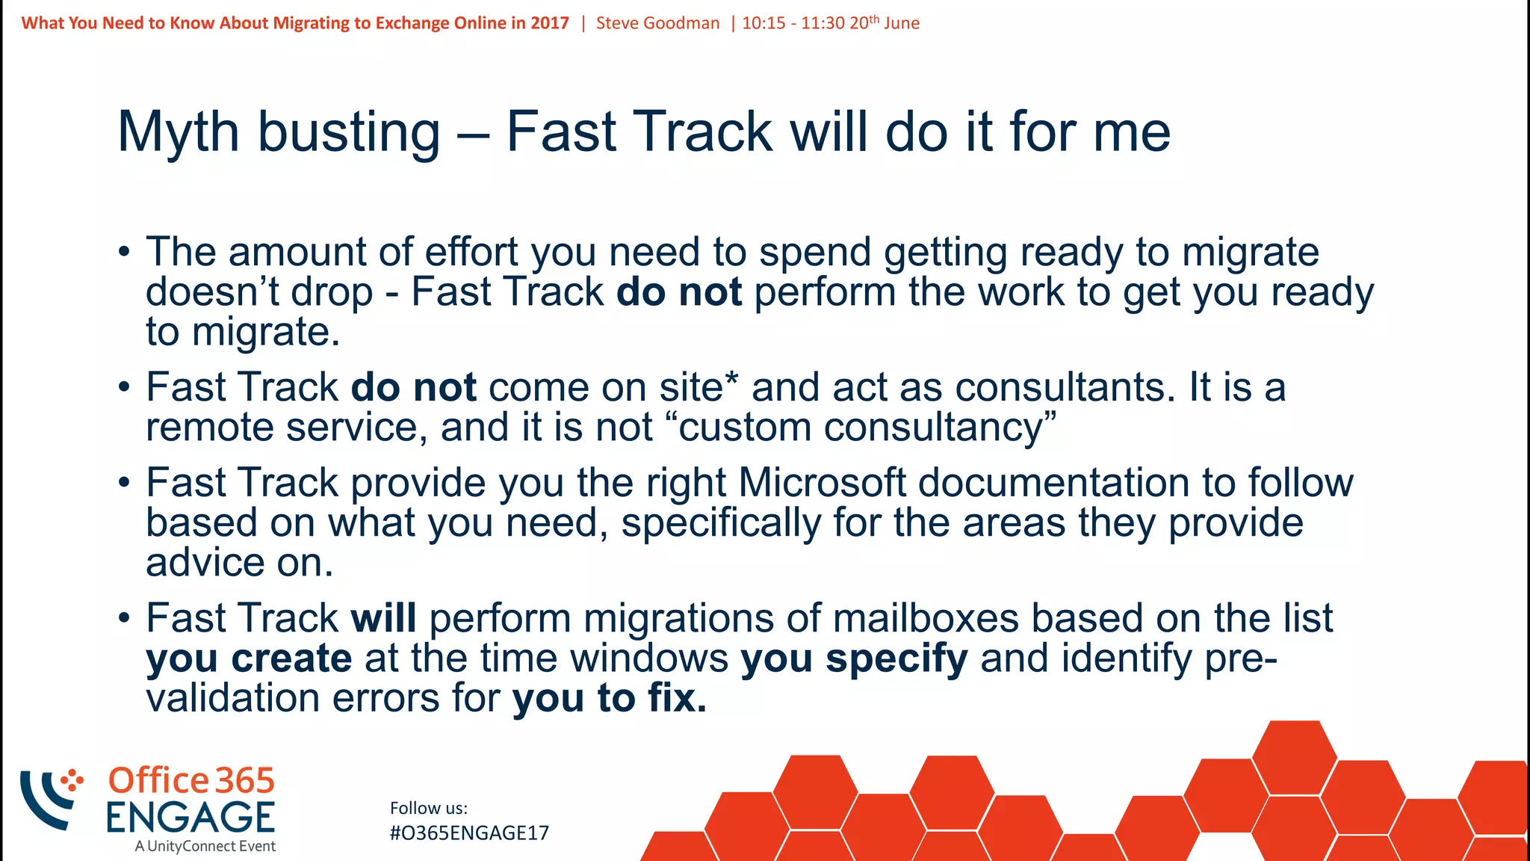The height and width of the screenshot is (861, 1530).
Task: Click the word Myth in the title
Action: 179,132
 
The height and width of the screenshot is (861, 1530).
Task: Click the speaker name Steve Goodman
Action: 657,23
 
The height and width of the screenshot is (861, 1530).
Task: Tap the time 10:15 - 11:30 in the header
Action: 793,23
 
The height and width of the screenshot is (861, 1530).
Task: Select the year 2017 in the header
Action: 550,23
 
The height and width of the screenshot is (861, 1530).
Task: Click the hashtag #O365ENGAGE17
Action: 469,833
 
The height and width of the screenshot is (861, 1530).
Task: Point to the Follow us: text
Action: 429,808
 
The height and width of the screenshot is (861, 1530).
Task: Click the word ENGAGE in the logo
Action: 191,817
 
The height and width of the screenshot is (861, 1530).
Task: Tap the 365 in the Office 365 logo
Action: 245,781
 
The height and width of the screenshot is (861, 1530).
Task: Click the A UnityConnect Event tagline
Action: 205,847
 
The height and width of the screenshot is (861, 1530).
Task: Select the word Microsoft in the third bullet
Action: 822,483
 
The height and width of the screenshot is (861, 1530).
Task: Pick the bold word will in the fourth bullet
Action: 383,619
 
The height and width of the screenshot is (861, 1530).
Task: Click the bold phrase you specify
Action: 854,658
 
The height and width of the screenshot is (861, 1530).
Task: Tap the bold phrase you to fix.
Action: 609,698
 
